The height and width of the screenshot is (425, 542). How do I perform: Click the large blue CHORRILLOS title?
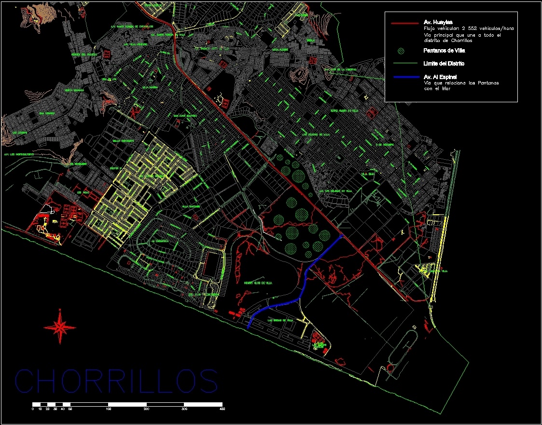(x=116, y=381)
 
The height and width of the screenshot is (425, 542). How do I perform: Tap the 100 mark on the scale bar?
(x=109, y=409)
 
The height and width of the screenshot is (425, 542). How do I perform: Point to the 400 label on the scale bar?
(x=222, y=409)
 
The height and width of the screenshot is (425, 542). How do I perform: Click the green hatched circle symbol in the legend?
(x=401, y=51)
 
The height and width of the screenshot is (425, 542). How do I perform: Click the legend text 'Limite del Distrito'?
(x=444, y=64)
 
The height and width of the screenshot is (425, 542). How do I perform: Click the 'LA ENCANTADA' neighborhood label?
(x=160, y=240)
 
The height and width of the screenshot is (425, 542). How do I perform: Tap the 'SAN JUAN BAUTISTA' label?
(x=186, y=116)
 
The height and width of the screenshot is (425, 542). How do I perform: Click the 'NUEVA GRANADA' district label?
(x=74, y=90)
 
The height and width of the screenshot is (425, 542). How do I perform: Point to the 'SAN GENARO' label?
(x=46, y=114)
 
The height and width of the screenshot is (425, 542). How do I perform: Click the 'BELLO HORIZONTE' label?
(x=123, y=141)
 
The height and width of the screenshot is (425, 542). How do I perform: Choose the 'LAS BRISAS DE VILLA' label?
(x=280, y=320)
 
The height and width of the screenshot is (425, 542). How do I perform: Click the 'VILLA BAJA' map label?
(x=368, y=174)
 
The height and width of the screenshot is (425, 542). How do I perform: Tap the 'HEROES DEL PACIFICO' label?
(x=84, y=55)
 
